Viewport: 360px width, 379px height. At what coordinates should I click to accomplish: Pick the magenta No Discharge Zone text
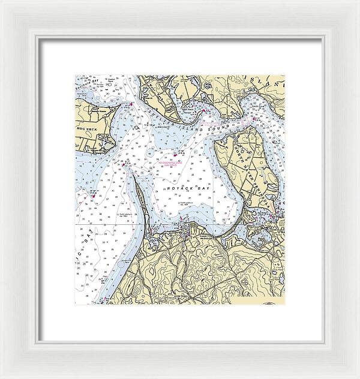[x=170, y=162]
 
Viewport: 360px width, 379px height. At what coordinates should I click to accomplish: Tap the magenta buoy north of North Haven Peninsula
[x=253, y=118]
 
